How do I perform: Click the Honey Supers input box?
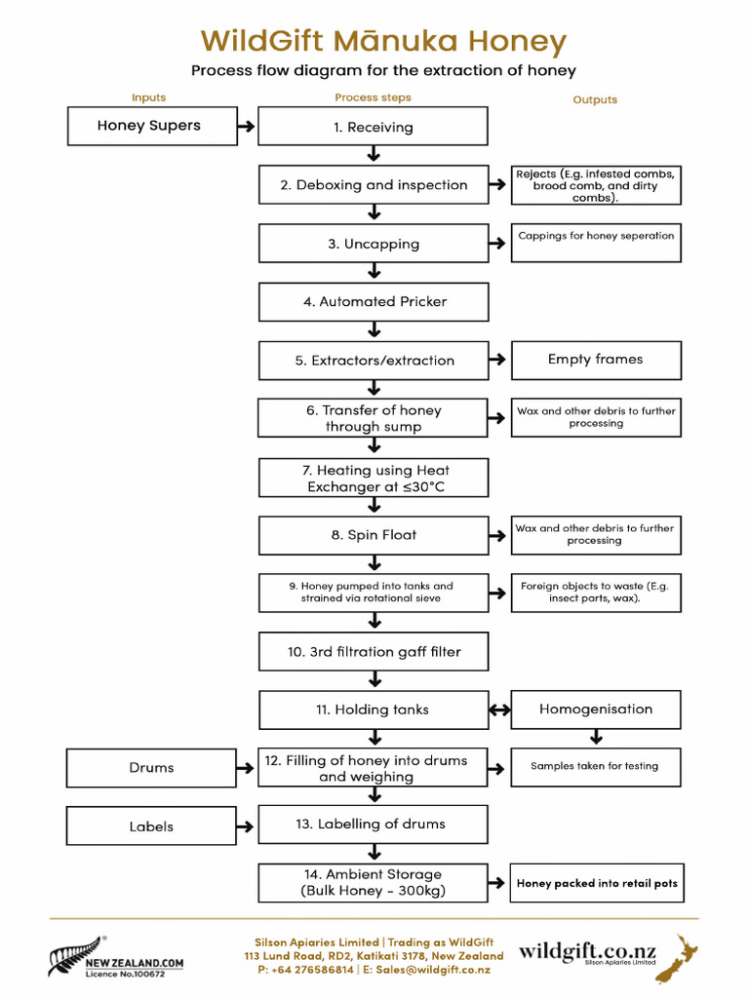click(151, 126)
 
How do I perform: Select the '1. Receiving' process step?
click(373, 127)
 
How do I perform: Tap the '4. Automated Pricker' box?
click(373, 302)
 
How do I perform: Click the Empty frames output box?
click(595, 360)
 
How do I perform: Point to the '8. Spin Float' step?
click(373, 535)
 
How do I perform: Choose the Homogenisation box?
click(595, 710)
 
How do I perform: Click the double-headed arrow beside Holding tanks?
click(499, 710)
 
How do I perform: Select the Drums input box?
click(151, 768)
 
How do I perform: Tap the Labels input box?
click(151, 826)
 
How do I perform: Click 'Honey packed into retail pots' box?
click(596, 884)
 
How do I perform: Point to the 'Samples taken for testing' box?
click(595, 767)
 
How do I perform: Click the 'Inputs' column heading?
click(148, 97)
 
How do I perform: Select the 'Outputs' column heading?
click(595, 99)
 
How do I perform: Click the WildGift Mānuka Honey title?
click(383, 42)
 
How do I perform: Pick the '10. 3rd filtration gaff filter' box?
click(373, 652)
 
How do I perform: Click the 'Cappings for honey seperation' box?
click(595, 243)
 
